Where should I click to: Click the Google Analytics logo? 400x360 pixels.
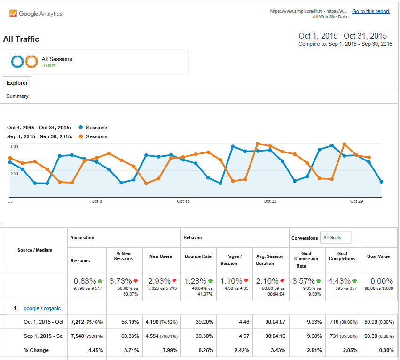pos(36,14)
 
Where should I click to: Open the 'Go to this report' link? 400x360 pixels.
pos(370,11)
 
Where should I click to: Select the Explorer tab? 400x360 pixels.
pos(17,83)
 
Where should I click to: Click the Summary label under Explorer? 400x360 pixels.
pos(17,96)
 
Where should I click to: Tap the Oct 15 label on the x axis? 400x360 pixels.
pos(183,201)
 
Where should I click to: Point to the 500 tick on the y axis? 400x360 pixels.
pos(15,147)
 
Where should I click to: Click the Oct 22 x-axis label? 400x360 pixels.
pos(270,201)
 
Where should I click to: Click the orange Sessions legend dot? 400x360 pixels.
pos(81,136)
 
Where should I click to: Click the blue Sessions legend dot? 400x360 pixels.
pos(81,128)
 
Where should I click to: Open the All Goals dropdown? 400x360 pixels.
pos(336,238)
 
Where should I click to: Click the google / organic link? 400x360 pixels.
pos(42,308)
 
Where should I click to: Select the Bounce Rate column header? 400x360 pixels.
pos(197,256)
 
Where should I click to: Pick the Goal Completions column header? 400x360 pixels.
pos(342,256)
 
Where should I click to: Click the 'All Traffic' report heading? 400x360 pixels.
pos(21,40)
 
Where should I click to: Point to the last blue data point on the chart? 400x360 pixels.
pos(381,182)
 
